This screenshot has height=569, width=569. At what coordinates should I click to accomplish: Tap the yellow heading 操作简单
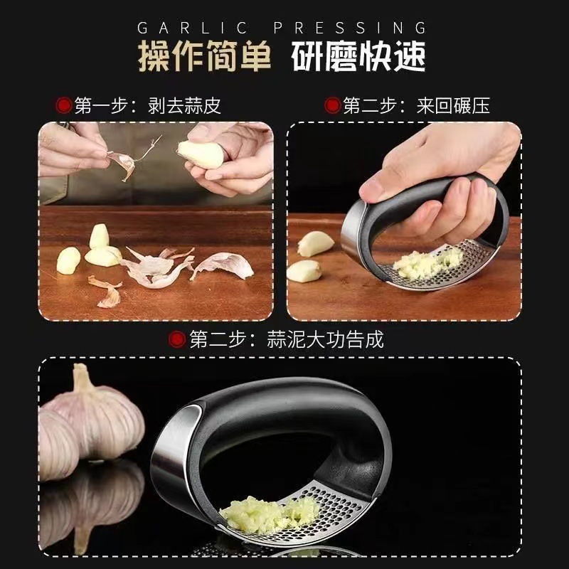pyautogui.click(x=205, y=58)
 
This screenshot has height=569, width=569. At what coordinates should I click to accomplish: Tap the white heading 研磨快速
pyautogui.click(x=359, y=58)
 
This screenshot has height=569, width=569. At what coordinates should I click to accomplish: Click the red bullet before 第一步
pyautogui.click(x=64, y=106)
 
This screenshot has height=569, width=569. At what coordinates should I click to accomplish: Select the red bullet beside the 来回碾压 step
pyautogui.click(x=332, y=106)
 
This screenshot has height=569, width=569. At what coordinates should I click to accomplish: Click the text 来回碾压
pyautogui.click(x=454, y=106)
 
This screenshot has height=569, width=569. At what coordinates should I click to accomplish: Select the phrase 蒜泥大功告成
pyautogui.click(x=325, y=339)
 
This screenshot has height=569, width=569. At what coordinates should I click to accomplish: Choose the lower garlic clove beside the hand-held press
pyautogui.click(x=304, y=270)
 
